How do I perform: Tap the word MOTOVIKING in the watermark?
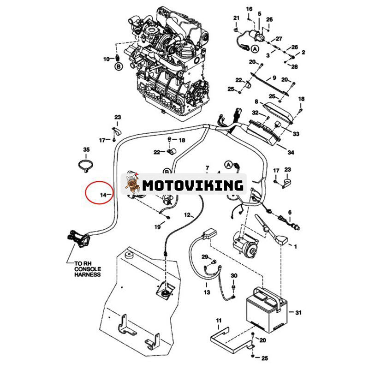coord(192,185)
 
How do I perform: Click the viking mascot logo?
coord(133,184)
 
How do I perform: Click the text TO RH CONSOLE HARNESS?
coord(87,269)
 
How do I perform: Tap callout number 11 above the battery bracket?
coord(219,320)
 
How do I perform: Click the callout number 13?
coord(206,292)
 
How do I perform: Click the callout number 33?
coord(296,134)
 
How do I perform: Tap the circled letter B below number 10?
coord(119,66)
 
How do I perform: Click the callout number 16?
coord(249,9)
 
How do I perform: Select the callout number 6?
coord(290,213)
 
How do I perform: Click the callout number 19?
coord(157,226)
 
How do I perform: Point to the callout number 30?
coord(234,276)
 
